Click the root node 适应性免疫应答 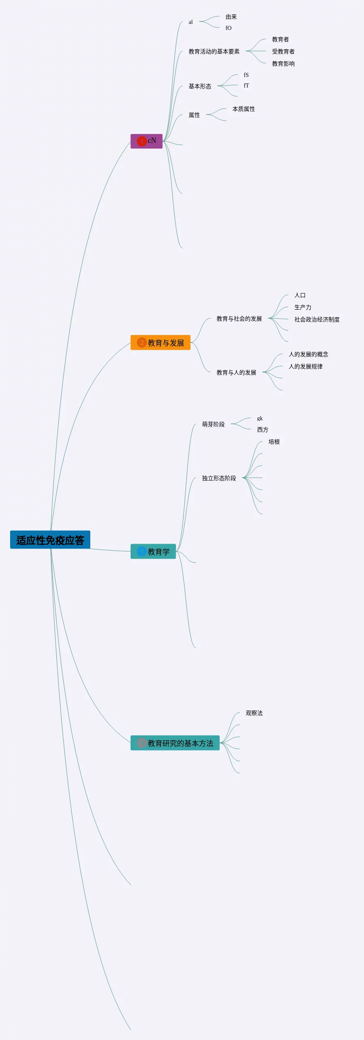coord(50,540)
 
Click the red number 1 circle coord(142,141)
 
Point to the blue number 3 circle coord(142,552)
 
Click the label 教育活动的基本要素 coord(214,51)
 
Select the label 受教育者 coord(283,51)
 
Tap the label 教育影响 coord(283,64)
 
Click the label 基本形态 coord(200,86)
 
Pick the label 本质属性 coord(243,109)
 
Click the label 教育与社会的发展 coord(239,319)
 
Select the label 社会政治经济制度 coord(317,319)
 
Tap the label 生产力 coord(302,307)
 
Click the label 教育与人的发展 coord(236,372)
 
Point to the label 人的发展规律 coord(305,366)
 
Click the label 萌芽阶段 coord(213,424)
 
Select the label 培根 coord(274,442)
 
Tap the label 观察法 coord(254,713)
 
